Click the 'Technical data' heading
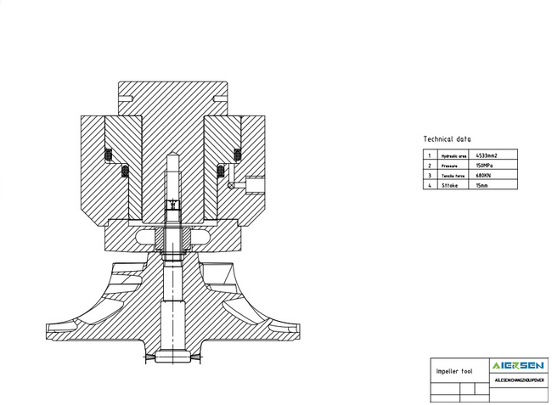coord(447,138)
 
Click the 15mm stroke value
coord(483,184)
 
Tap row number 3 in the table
coord(430,175)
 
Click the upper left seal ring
coord(108,155)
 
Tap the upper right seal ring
coord(238,155)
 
